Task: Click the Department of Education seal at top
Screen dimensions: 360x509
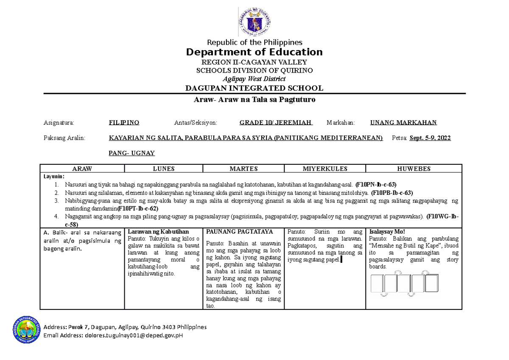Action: pos(255,21)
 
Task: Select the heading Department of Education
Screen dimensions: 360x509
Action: pos(255,52)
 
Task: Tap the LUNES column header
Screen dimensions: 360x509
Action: pos(163,169)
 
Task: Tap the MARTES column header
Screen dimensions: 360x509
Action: pos(243,169)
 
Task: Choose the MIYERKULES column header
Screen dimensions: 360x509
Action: pos(325,169)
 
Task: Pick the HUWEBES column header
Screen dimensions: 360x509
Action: pos(414,169)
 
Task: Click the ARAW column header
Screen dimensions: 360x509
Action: pos(82,169)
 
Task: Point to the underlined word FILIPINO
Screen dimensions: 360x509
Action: pos(124,123)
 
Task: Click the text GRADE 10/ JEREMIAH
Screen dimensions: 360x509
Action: pos(276,123)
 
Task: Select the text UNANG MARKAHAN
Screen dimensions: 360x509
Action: pos(403,123)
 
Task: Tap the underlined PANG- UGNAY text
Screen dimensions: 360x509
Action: pos(132,153)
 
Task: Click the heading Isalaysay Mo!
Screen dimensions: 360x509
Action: pos(387,232)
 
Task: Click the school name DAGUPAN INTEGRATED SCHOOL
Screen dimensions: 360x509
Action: pos(255,88)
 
